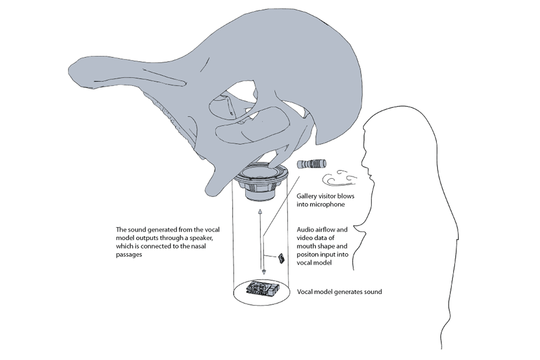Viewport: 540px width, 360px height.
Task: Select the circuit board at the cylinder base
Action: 262,289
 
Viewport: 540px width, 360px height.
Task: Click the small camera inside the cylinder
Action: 282,259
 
